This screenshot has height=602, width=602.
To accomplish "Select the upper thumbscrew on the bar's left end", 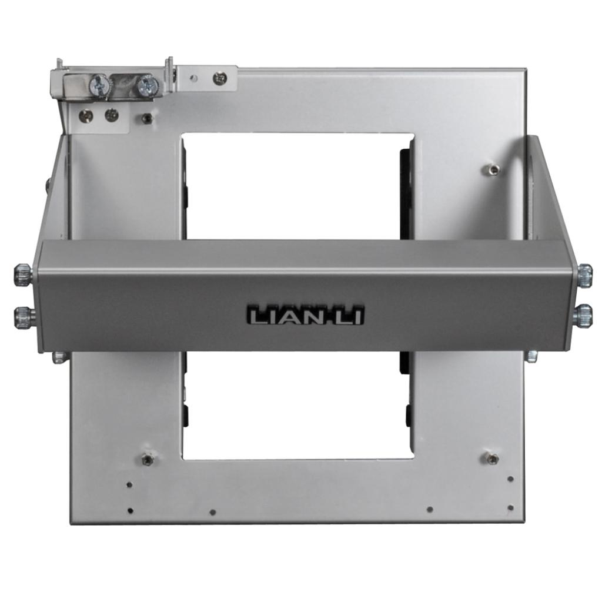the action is coord(23,275).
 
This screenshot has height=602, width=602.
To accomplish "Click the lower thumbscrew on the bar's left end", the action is coord(24,318).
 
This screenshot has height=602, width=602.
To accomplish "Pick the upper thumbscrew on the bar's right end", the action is coord(584,275).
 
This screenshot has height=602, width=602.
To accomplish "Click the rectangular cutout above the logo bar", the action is coord(297,186).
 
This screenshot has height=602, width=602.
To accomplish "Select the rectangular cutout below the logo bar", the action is coord(297,405).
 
